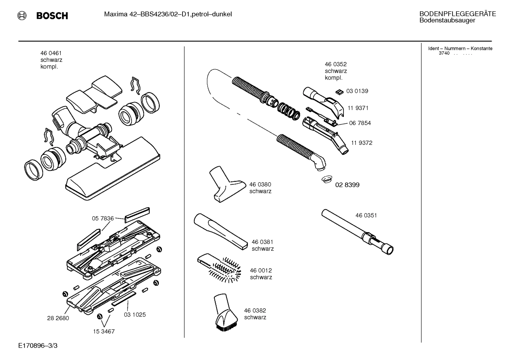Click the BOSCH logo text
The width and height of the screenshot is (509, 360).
click(x=52, y=16)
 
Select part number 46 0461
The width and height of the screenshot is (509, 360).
click(x=51, y=53)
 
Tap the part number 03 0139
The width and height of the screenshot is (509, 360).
click(x=357, y=91)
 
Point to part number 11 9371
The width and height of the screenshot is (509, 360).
click(x=358, y=108)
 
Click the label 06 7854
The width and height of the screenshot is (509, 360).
click(x=360, y=123)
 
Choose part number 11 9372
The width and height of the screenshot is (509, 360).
click(x=361, y=143)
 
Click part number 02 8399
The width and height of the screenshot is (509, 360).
click(x=347, y=185)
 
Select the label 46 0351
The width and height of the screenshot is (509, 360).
click(x=366, y=216)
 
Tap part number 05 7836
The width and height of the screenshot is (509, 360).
click(x=103, y=219)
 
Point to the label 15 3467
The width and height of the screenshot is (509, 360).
click(x=104, y=332)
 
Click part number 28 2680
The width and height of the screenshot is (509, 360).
click(x=58, y=318)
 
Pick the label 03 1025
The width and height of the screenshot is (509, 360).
click(x=134, y=315)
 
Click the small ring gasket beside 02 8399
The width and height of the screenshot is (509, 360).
click(x=327, y=180)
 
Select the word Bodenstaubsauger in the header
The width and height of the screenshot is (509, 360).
click(x=447, y=20)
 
